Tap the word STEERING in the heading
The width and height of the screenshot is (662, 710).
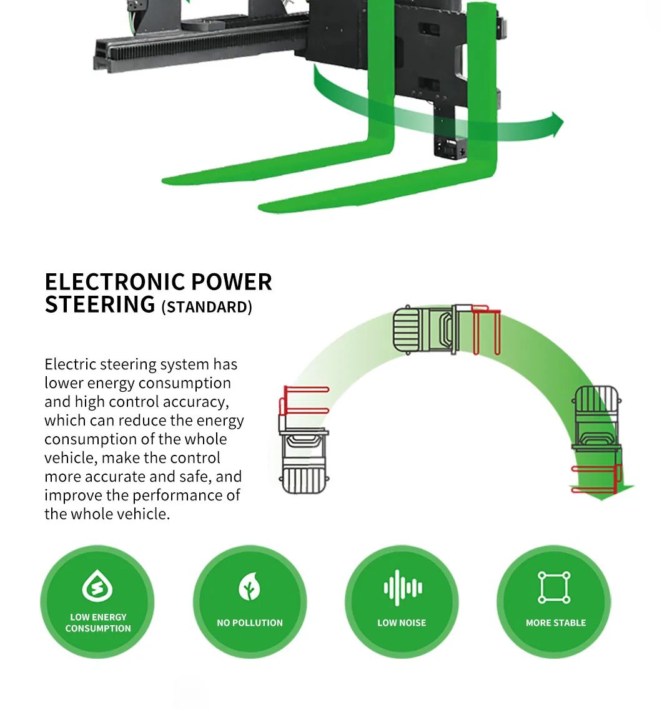coord(100,304)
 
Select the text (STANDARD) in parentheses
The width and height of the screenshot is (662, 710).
coord(207,307)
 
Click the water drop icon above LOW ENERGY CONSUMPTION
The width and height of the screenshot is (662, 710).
coord(97,587)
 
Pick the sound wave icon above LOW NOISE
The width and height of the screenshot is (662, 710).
coord(402,588)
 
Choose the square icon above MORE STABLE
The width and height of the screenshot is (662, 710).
coord(555,587)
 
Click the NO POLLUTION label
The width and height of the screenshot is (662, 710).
coord(249,623)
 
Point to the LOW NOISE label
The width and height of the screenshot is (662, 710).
coord(402,623)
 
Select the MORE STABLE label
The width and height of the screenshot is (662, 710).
coord(555,623)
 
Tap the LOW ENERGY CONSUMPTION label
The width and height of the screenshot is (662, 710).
coord(98,623)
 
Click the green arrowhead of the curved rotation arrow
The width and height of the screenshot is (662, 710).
coord(553,123)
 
